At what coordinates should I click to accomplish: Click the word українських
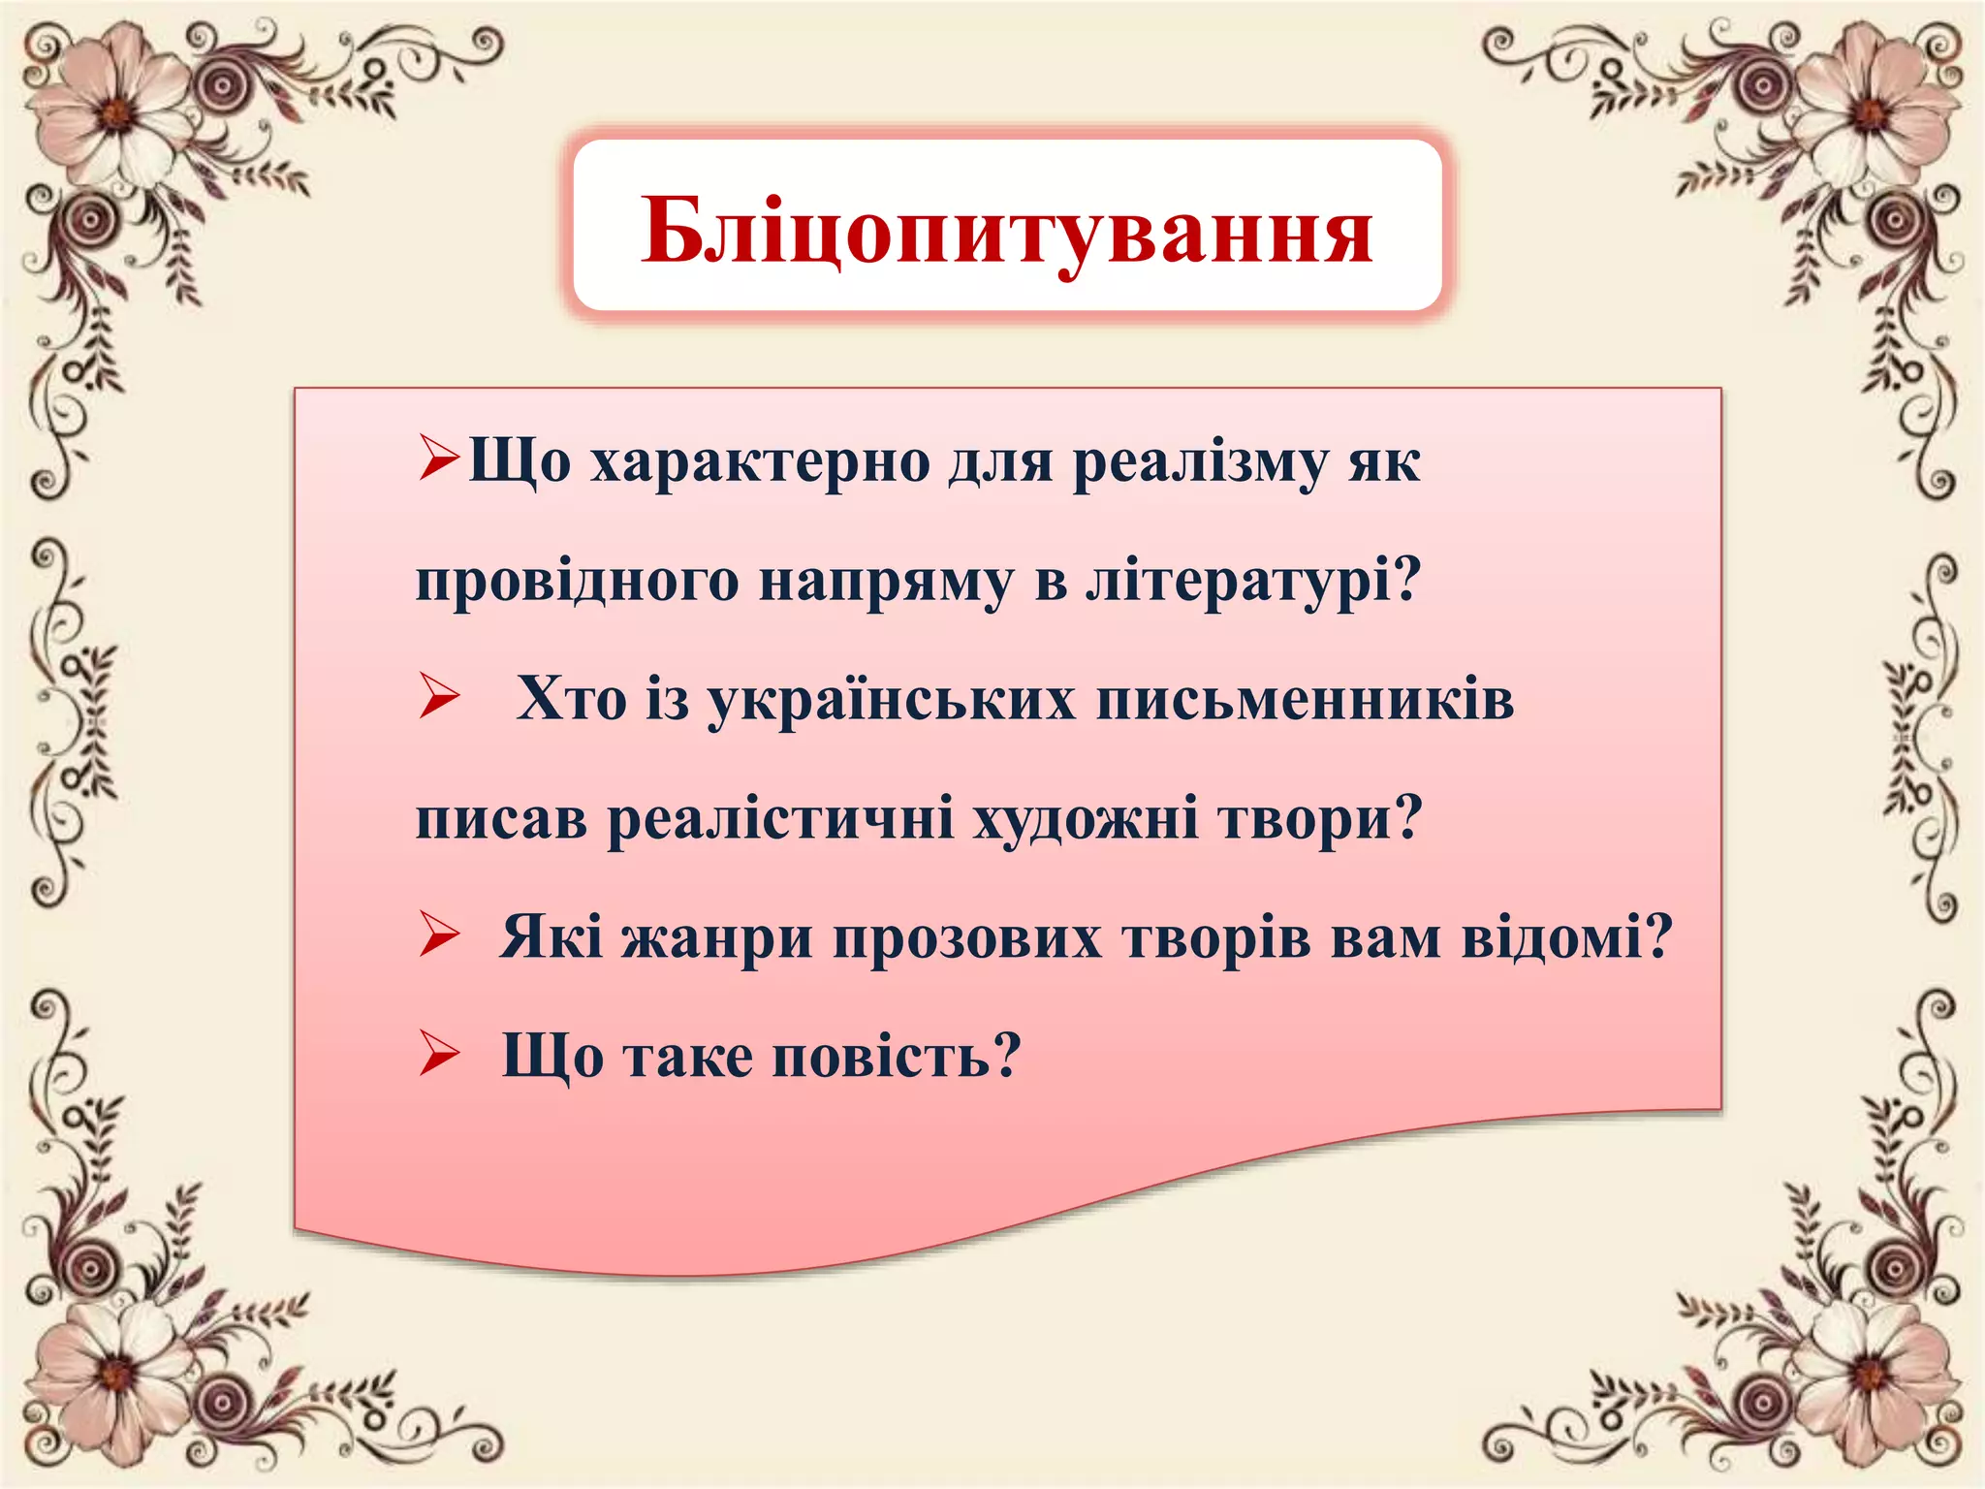pyautogui.click(x=892, y=700)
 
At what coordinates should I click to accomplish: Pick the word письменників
pyautogui.click(x=1305, y=700)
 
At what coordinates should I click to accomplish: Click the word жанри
pyautogui.click(x=716, y=938)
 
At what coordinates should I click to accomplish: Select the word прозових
pyautogui.click(x=966, y=938)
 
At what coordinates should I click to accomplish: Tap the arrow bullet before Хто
pyautogui.click(x=439, y=698)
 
